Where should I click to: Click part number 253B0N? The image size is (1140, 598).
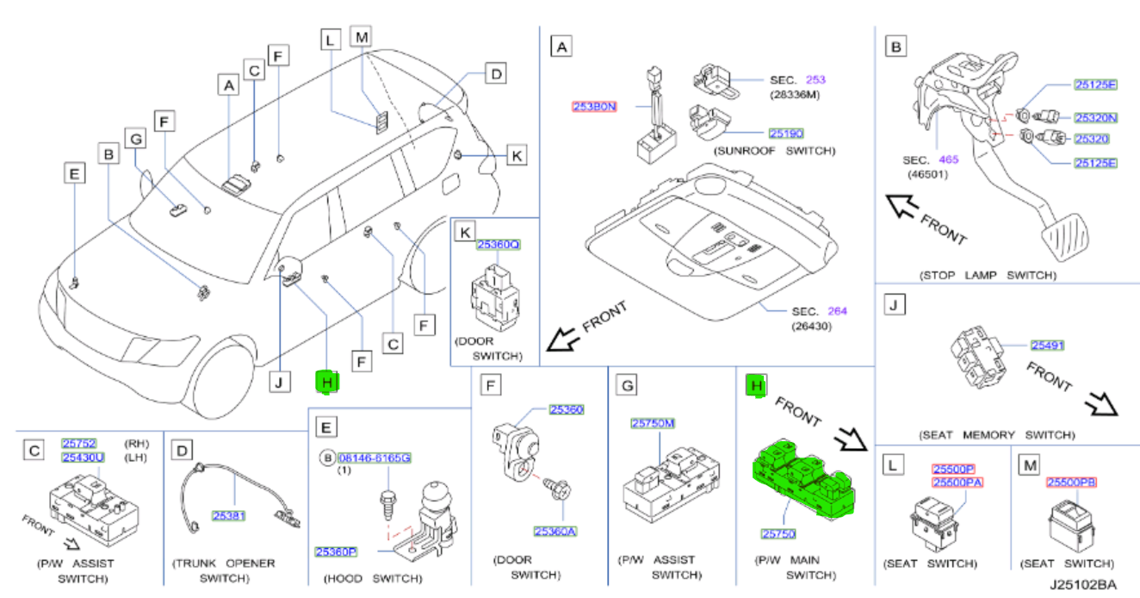(x=594, y=107)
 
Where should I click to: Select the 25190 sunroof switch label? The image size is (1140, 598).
(x=786, y=134)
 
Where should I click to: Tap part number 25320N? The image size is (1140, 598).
(x=1095, y=117)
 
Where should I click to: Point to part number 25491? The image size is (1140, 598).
(x=1048, y=345)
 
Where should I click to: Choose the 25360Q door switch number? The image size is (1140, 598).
(x=499, y=244)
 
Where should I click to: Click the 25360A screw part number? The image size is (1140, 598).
(x=555, y=531)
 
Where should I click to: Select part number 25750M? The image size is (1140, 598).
(x=653, y=423)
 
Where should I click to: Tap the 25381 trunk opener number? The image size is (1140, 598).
(x=229, y=515)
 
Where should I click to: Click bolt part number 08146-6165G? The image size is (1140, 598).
(x=375, y=458)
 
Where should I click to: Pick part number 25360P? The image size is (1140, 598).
(x=336, y=550)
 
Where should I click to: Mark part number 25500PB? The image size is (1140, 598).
(x=1072, y=483)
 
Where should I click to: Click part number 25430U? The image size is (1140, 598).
(x=83, y=457)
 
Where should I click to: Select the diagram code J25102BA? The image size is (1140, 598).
(x=1082, y=584)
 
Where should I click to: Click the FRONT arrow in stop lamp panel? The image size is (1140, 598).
(x=908, y=209)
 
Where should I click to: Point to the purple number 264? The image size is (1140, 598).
(x=837, y=311)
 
